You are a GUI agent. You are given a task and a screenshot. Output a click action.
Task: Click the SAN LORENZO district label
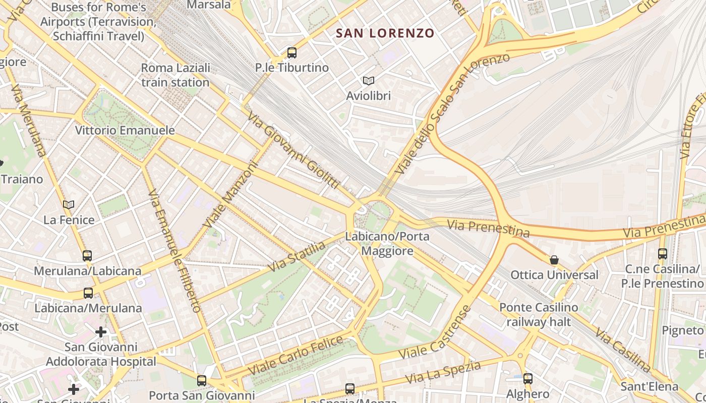coord(385,33)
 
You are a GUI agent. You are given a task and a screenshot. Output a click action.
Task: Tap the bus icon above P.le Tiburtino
coord(291,52)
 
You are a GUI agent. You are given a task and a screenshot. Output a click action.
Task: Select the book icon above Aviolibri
coord(369,81)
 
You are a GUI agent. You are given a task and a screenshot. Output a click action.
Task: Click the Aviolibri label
coord(369,95)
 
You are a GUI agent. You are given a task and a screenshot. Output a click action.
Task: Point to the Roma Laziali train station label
coord(175,75)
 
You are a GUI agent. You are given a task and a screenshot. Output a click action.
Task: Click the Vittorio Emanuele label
coord(125,130)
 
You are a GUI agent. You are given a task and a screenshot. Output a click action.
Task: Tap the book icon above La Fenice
coord(69,205)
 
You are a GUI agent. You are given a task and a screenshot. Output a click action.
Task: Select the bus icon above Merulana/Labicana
coord(87,255)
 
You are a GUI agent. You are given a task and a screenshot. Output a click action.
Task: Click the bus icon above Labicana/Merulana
coord(88,293)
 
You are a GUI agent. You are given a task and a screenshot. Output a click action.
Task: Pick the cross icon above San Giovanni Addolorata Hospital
coord(101,331)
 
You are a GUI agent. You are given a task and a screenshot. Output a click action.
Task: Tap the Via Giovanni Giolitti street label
coord(293,150)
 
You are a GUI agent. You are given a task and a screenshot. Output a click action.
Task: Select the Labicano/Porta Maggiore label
coord(387,243)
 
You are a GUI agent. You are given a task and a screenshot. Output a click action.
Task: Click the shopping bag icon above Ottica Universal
coord(554,260)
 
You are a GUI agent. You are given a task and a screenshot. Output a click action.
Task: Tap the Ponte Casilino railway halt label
coord(539,314)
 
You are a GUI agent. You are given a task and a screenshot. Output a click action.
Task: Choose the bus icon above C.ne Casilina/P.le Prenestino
coord(662,254)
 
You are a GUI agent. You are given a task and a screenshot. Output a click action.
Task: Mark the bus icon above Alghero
coord(527,378)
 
